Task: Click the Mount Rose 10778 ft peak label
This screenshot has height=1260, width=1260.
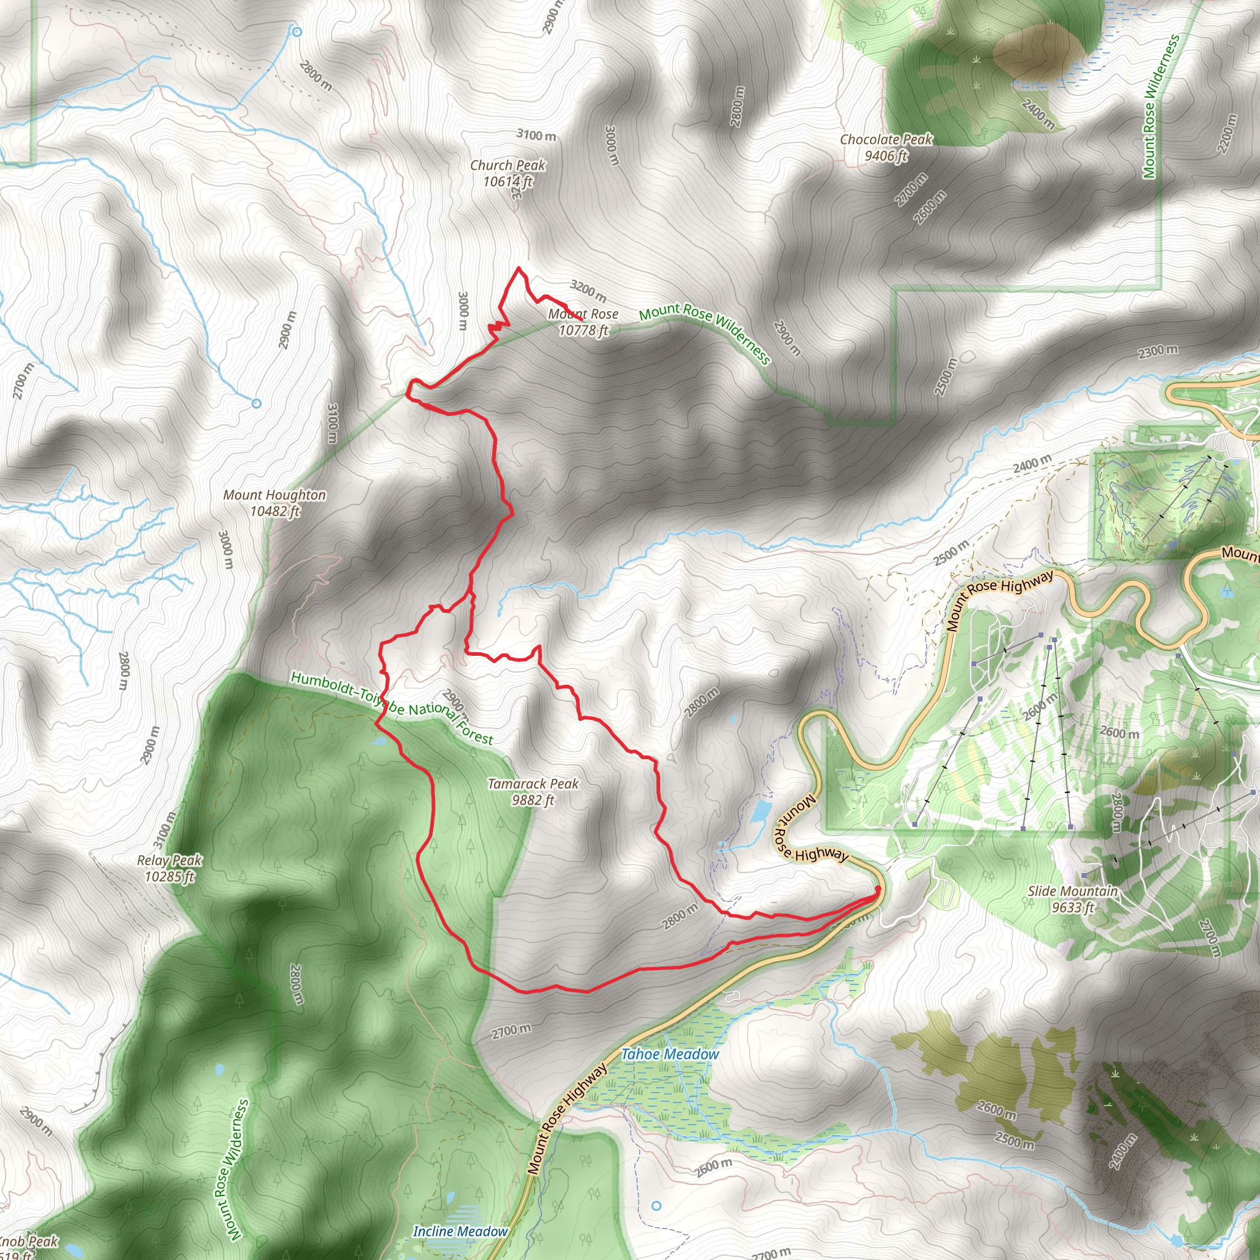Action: pos(583,322)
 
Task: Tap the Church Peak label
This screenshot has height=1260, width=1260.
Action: pos(508,173)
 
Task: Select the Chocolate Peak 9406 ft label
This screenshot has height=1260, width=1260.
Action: pos(886,147)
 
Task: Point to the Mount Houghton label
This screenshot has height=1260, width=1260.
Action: pos(274,503)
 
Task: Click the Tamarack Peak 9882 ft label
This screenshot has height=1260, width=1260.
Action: pos(533,791)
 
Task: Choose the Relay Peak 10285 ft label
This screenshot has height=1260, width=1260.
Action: pos(169,868)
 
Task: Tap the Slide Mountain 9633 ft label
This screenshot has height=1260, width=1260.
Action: pos(1072,899)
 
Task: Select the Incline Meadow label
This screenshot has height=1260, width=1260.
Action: pos(460,1231)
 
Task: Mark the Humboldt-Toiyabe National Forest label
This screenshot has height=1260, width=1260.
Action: pos(392,708)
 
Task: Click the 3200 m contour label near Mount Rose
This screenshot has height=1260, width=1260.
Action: pos(588,290)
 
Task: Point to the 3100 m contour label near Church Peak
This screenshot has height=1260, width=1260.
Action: pos(536,135)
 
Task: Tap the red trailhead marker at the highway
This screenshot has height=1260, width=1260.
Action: pos(877,890)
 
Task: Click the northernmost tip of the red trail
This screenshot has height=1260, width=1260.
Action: pos(519,268)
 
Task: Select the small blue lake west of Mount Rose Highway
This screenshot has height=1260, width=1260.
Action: pos(760,811)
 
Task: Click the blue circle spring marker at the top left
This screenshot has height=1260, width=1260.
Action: pos(297,31)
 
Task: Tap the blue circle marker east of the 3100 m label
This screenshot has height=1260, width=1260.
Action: pos(257,404)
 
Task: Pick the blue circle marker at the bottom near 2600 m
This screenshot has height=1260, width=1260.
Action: pos(656,1206)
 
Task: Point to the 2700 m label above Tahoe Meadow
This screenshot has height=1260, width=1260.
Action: pos(511,1031)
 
